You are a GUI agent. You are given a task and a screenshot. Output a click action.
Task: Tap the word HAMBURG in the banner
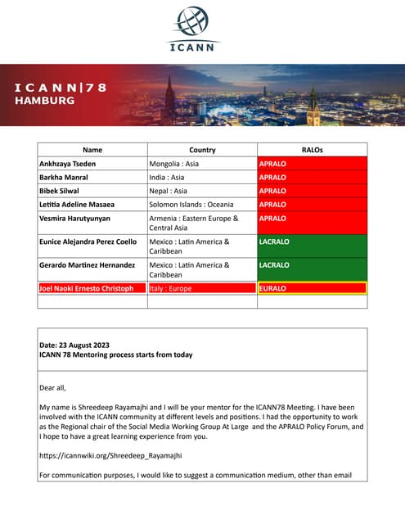[x=45, y=101]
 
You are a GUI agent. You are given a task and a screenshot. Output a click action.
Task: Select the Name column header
[x=92, y=150]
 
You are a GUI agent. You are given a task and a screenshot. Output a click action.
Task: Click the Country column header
[x=202, y=150]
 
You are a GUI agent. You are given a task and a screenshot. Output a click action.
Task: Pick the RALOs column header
[x=313, y=150]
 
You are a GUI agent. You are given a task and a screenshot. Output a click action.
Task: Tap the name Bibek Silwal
[x=61, y=191]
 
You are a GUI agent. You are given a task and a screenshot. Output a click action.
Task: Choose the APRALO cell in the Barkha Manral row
[x=272, y=177]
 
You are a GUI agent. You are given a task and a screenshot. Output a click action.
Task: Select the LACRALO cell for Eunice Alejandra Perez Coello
[x=275, y=242]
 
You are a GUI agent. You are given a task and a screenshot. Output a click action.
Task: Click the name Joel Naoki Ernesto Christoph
[x=86, y=288]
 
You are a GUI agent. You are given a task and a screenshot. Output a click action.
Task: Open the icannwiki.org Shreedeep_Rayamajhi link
[x=110, y=454]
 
